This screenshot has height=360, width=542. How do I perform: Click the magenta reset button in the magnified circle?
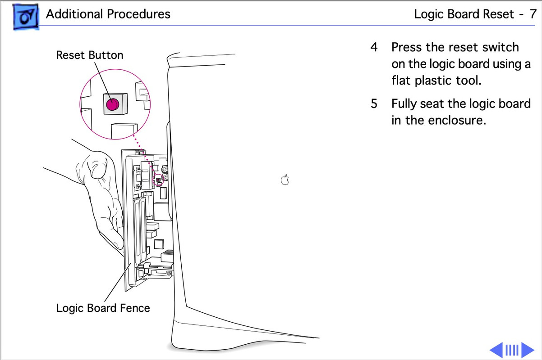(x=113, y=104)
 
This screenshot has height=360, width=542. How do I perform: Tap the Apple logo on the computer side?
(x=285, y=180)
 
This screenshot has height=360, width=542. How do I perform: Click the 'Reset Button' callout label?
(x=90, y=55)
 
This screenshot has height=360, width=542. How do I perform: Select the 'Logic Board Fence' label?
(x=103, y=308)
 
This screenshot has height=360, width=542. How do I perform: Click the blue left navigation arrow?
(x=496, y=350)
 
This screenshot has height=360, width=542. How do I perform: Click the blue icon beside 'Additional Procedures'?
(x=26, y=17)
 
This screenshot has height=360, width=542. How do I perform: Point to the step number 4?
(x=374, y=47)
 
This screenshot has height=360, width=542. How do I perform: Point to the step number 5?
(x=374, y=103)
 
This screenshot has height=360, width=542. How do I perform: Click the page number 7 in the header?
(x=533, y=14)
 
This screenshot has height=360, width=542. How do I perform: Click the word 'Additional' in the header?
(x=74, y=14)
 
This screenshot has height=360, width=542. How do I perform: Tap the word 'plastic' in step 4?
(x=433, y=81)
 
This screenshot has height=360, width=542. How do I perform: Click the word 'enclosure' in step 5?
(x=457, y=120)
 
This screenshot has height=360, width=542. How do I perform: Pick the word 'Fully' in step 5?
(x=404, y=104)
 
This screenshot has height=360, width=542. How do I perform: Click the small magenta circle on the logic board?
(x=158, y=180)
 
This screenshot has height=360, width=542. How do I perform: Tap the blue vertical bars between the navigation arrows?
(x=512, y=350)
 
